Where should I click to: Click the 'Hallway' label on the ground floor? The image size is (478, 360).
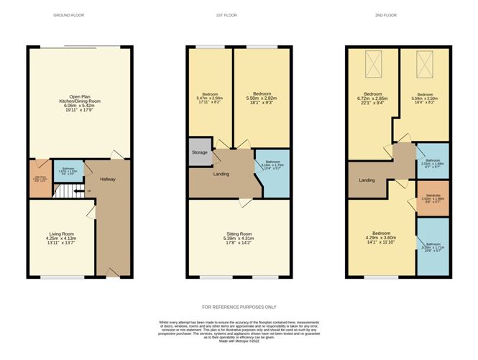(x=109, y=180)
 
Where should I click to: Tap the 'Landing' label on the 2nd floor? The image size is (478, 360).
(x=366, y=180)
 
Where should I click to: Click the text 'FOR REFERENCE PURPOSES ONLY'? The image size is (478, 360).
(x=239, y=307)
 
